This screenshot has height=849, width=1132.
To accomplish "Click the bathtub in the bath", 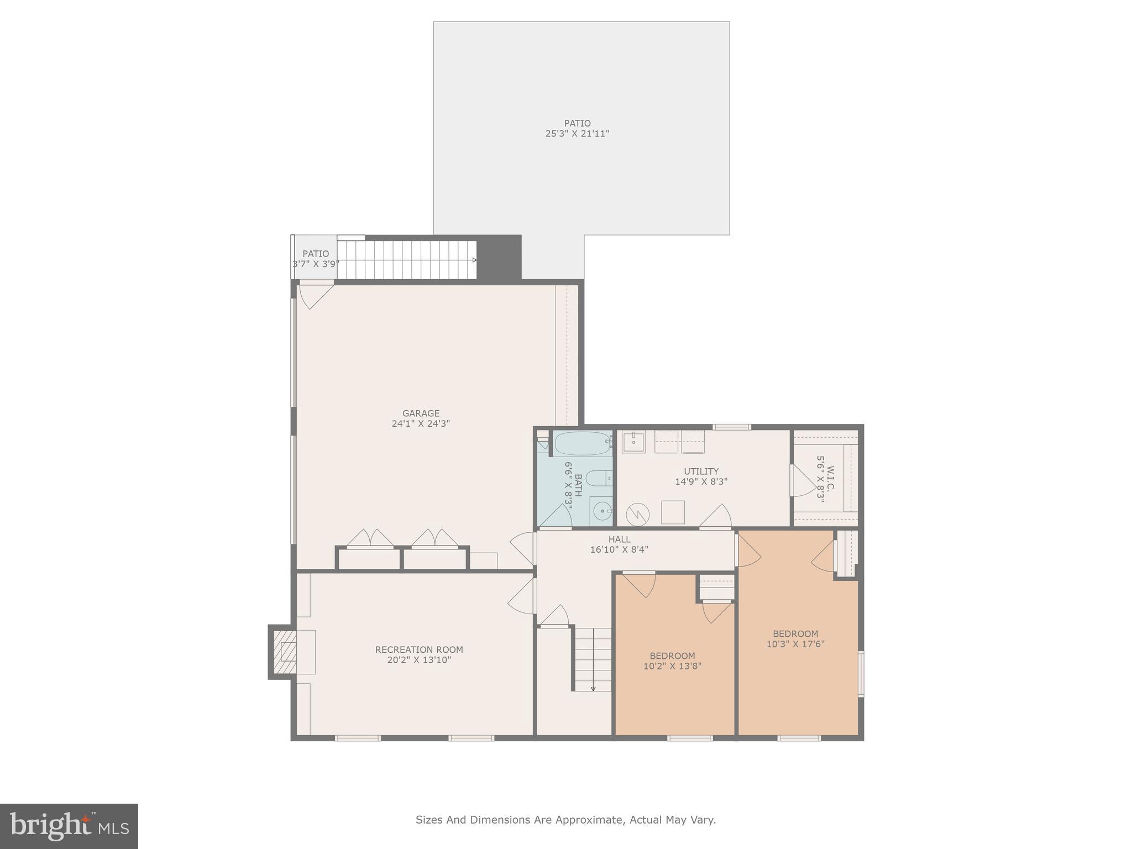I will tap(583, 443).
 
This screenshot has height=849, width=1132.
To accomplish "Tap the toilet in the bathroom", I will tap(598, 478).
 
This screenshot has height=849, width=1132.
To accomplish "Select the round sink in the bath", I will tap(601, 511).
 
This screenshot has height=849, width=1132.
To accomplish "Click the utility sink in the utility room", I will tap(633, 442).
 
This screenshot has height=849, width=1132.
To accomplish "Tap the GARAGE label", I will tap(421, 413).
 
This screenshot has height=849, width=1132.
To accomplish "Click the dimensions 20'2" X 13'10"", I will tap(419, 660).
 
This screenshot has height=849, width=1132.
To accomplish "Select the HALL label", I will tap(619, 539).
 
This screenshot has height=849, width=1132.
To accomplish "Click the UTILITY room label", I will tap(701, 471).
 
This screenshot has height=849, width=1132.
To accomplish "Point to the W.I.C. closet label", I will tap(830, 478).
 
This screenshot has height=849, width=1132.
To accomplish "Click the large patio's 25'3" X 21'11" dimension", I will tap(577, 134).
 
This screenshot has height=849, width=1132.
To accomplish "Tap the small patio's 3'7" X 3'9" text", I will tap(315, 264).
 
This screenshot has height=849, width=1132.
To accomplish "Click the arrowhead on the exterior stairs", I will tap(474, 260).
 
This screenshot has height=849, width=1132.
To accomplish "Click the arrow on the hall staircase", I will tap(593, 688).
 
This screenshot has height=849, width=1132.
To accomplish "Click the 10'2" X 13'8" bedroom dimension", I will tap(672, 667).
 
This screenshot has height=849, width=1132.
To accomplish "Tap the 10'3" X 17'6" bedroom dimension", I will tap(795, 644).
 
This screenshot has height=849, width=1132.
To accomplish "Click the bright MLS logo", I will tap(69, 826).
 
